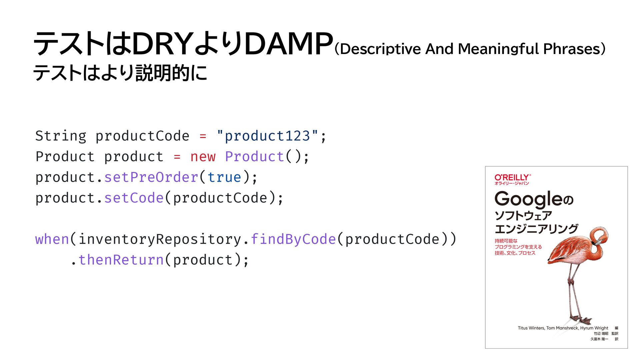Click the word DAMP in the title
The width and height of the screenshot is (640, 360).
289,44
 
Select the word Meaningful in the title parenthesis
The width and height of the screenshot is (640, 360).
498,49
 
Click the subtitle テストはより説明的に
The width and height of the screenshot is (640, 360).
120,73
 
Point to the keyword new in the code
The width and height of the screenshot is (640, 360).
203,157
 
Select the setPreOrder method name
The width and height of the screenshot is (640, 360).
151,177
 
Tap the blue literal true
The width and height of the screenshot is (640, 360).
224,177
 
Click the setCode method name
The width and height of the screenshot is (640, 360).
134,198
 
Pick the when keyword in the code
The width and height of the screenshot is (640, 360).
52,239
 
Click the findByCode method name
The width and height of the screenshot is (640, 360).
293,239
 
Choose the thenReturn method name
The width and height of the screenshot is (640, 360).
121,260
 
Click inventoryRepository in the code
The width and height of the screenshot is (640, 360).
160,239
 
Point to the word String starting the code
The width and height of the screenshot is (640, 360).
61,136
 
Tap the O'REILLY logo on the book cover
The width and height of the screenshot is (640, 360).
512,178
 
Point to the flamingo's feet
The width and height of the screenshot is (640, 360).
582,320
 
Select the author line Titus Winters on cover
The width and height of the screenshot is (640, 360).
563,328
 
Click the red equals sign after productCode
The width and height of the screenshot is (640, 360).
203,136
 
